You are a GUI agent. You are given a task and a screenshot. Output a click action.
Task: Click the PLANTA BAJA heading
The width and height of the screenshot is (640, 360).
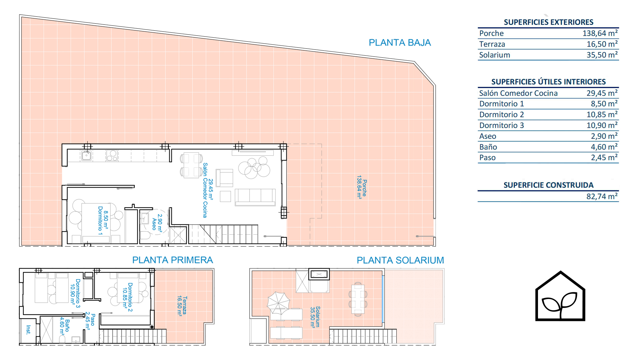[400, 43]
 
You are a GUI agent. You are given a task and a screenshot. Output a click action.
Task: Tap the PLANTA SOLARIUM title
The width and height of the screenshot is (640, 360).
[400, 260]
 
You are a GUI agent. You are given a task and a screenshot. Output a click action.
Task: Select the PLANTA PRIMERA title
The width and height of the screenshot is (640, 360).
[173, 260]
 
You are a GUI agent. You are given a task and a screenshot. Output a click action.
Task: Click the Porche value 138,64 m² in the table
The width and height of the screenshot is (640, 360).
[600, 33]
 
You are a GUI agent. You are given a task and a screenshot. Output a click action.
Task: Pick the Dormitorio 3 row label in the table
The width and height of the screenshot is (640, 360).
[502, 125]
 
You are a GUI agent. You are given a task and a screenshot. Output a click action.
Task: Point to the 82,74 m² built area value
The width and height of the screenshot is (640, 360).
[602, 196]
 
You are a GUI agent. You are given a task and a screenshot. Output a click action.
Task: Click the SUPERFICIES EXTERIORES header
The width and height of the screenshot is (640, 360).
[548, 22]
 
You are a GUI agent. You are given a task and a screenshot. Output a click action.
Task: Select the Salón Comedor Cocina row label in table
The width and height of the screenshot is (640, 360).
[518, 93]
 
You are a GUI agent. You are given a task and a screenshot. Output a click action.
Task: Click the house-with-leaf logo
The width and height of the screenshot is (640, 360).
[560, 296]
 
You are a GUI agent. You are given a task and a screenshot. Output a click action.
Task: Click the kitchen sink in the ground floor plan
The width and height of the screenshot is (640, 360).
[87, 155]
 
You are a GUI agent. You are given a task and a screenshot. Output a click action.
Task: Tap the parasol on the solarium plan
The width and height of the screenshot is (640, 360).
[278, 303]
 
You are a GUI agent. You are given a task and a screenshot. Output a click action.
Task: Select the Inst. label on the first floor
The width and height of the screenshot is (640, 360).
[28, 330]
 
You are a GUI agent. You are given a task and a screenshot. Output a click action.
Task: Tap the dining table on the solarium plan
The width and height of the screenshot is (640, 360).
[358, 299]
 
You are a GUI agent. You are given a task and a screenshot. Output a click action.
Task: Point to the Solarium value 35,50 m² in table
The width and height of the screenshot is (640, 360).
[602, 55]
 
